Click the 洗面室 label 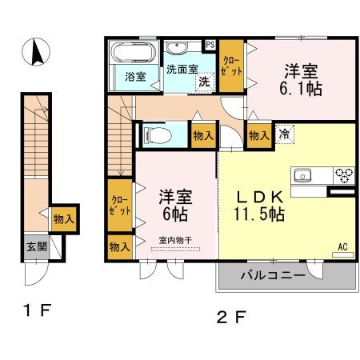(182, 69)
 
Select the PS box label (210, 45)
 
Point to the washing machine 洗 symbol (205, 81)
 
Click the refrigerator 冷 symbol (284, 134)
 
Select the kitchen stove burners (344, 174)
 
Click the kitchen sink (304, 175)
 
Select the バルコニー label (273, 276)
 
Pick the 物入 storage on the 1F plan (63, 218)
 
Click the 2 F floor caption (231, 316)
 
